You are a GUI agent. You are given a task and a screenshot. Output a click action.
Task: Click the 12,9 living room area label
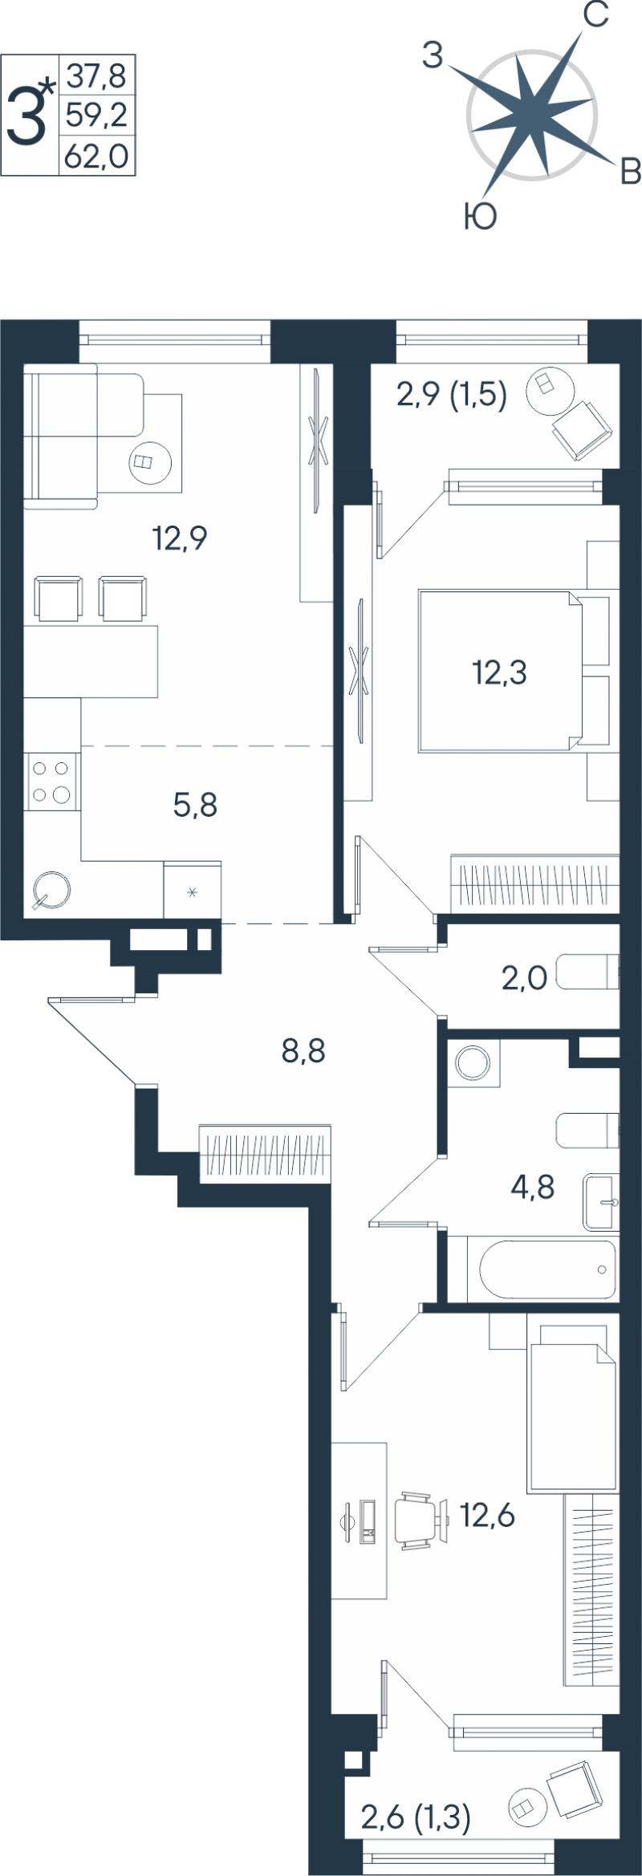tap(181, 538)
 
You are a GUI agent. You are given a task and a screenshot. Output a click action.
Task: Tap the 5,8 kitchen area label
tap(196, 804)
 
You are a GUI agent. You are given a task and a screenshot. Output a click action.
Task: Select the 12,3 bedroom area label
tap(499, 672)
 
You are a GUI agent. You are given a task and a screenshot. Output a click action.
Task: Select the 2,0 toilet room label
tap(524, 978)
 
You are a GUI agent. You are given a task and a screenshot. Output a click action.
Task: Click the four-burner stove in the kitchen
tap(52, 782)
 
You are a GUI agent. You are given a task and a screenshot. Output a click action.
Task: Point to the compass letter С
tap(595, 14)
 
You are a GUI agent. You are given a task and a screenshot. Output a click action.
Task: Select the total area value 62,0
tap(96, 156)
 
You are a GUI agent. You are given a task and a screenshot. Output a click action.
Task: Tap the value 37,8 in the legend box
tap(96, 76)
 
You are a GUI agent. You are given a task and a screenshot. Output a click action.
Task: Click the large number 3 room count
tap(26, 117)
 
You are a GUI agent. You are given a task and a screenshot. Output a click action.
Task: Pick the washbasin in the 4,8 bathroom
tap(601, 1202)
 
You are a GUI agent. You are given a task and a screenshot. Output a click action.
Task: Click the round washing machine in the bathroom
tap(472, 1064)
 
